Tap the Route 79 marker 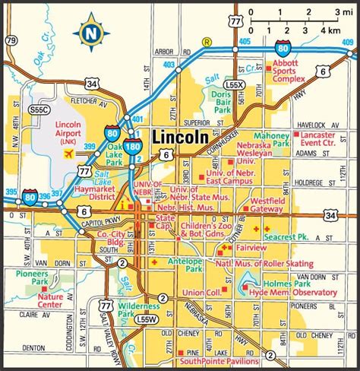[x=11, y=40]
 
